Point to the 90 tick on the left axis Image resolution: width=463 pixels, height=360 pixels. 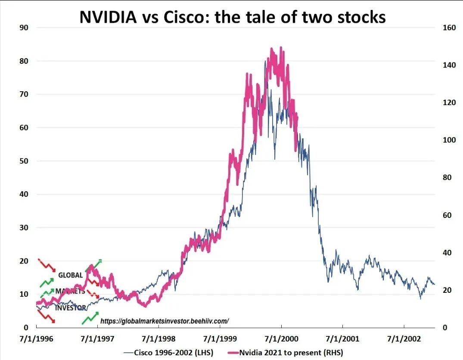(x=24, y=28)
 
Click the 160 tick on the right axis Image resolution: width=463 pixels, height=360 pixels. (x=448, y=28)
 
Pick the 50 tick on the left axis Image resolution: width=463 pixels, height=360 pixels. (x=24, y=161)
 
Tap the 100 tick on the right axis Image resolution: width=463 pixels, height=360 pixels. (x=448, y=140)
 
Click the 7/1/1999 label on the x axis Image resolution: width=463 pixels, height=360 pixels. (x=220, y=339)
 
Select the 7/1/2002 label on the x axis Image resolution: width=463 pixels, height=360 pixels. (x=404, y=339)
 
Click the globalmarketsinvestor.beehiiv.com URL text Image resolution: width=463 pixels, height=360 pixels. (x=165, y=321)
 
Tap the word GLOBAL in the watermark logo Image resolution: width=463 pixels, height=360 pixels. (x=70, y=275)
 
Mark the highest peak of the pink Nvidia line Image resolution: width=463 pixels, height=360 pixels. (x=281, y=47)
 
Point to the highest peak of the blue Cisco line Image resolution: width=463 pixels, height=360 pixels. (x=265, y=61)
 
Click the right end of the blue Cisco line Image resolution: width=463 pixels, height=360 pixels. (x=435, y=284)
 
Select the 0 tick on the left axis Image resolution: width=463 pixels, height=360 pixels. (x=26, y=328)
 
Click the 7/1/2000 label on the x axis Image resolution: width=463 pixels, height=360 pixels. (x=281, y=339)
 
